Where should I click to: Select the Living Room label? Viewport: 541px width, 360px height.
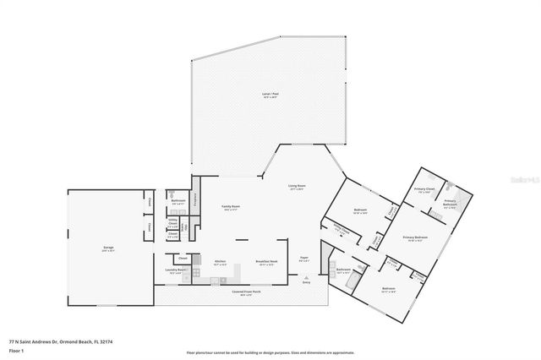[x=297, y=188]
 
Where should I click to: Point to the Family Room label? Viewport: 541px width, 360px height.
[x=231, y=207]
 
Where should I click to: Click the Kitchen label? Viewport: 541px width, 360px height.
[x=220, y=262]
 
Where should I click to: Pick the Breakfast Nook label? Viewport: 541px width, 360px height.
[x=267, y=263]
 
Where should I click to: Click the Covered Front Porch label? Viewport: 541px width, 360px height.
[x=247, y=293]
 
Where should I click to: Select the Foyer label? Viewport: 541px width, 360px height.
[x=305, y=259]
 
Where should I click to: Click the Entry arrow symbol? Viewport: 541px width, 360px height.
[x=308, y=277]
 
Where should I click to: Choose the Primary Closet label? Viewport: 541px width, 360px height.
[x=424, y=190]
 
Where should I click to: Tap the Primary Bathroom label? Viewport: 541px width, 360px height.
[x=450, y=204]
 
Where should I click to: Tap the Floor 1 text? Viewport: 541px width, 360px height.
[x=16, y=349]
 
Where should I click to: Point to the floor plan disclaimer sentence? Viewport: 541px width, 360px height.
[x=270, y=353]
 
